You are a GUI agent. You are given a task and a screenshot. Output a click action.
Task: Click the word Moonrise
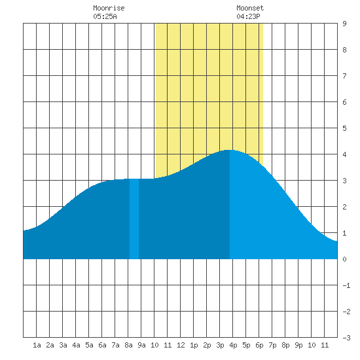(109, 8)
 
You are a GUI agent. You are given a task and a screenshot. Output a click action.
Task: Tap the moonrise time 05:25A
(105, 16)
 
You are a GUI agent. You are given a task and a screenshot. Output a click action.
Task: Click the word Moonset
(250, 8)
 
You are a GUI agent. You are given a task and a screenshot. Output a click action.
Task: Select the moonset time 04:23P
(248, 16)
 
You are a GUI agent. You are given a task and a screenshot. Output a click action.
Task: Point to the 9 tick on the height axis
(344, 24)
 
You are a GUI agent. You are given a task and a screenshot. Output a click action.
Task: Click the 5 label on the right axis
(344, 128)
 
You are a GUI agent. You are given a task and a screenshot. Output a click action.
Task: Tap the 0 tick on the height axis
(344, 259)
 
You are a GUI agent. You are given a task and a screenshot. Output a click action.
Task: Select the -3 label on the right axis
(346, 338)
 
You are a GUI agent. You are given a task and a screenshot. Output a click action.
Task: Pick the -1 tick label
(346, 285)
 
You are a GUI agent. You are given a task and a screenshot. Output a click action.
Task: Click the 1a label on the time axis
(37, 345)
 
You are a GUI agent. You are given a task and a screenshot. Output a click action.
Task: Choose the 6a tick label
(102, 345)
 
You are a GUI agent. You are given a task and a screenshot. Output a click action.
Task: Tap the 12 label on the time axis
(181, 345)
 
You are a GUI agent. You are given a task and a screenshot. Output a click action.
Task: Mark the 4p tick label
(233, 345)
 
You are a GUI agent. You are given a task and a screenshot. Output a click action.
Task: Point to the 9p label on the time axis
(298, 345)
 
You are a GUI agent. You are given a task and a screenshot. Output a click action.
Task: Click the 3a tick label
(63, 345)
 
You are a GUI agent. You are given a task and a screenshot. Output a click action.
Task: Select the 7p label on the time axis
(272, 345)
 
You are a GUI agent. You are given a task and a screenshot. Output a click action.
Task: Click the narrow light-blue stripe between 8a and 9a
(134, 219)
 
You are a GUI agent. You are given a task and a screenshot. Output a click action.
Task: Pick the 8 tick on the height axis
(344, 50)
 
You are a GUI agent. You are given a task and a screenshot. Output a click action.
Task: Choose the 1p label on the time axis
(194, 345)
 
